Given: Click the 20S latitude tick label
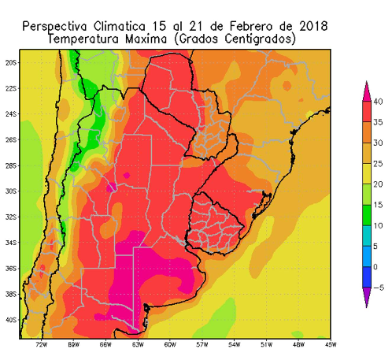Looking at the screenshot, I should (11, 62).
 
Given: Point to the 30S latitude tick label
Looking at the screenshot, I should (11, 191).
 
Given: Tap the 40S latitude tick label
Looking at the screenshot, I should (11, 320).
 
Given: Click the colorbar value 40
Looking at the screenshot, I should (379, 102).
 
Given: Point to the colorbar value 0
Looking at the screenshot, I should (377, 267).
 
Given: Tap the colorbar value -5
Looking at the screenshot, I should (378, 288).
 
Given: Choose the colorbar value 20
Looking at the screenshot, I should (379, 184).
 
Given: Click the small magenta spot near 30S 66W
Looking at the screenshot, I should (113, 187).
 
